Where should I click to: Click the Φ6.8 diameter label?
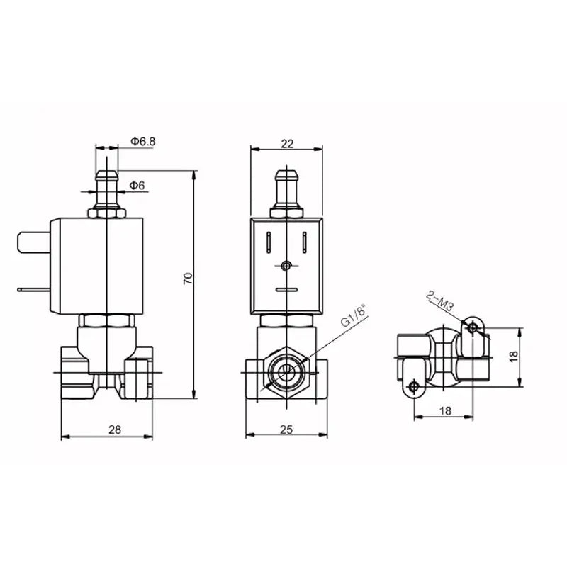pos(142,142)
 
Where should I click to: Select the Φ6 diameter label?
pos(137,186)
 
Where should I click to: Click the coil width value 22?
pos(287,143)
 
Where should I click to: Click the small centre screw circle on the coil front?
pos(286,266)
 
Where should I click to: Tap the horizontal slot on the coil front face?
pos(286,289)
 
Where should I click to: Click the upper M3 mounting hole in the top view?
pos(473,327)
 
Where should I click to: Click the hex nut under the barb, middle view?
pos(286,211)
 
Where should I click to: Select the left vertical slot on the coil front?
pos(269,242)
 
